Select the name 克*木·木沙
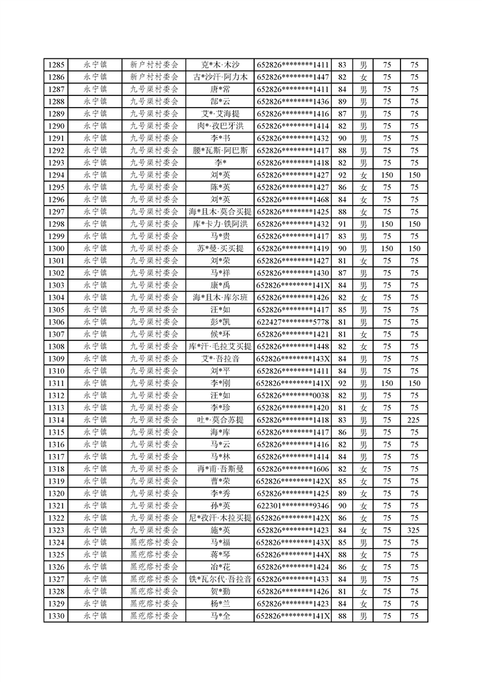coord(220,64)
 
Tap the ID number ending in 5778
coord(293,322)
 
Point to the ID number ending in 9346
coord(293,506)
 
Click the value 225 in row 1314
coord(414,420)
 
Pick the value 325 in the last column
coord(414,530)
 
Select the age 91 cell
coord(342,224)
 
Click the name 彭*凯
coord(220,322)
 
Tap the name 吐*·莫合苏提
coord(220,420)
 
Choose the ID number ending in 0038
coord(293,395)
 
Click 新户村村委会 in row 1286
coord(154,77)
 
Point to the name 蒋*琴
coord(220,554)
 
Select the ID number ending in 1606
coord(293,469)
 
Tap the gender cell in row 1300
coord(363,249)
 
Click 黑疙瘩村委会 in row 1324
coord(154,542)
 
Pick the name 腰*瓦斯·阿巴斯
coord(220,150)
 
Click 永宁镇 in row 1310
coord(95,371)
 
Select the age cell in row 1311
coord(342,383)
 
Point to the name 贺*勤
coord(220,591)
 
